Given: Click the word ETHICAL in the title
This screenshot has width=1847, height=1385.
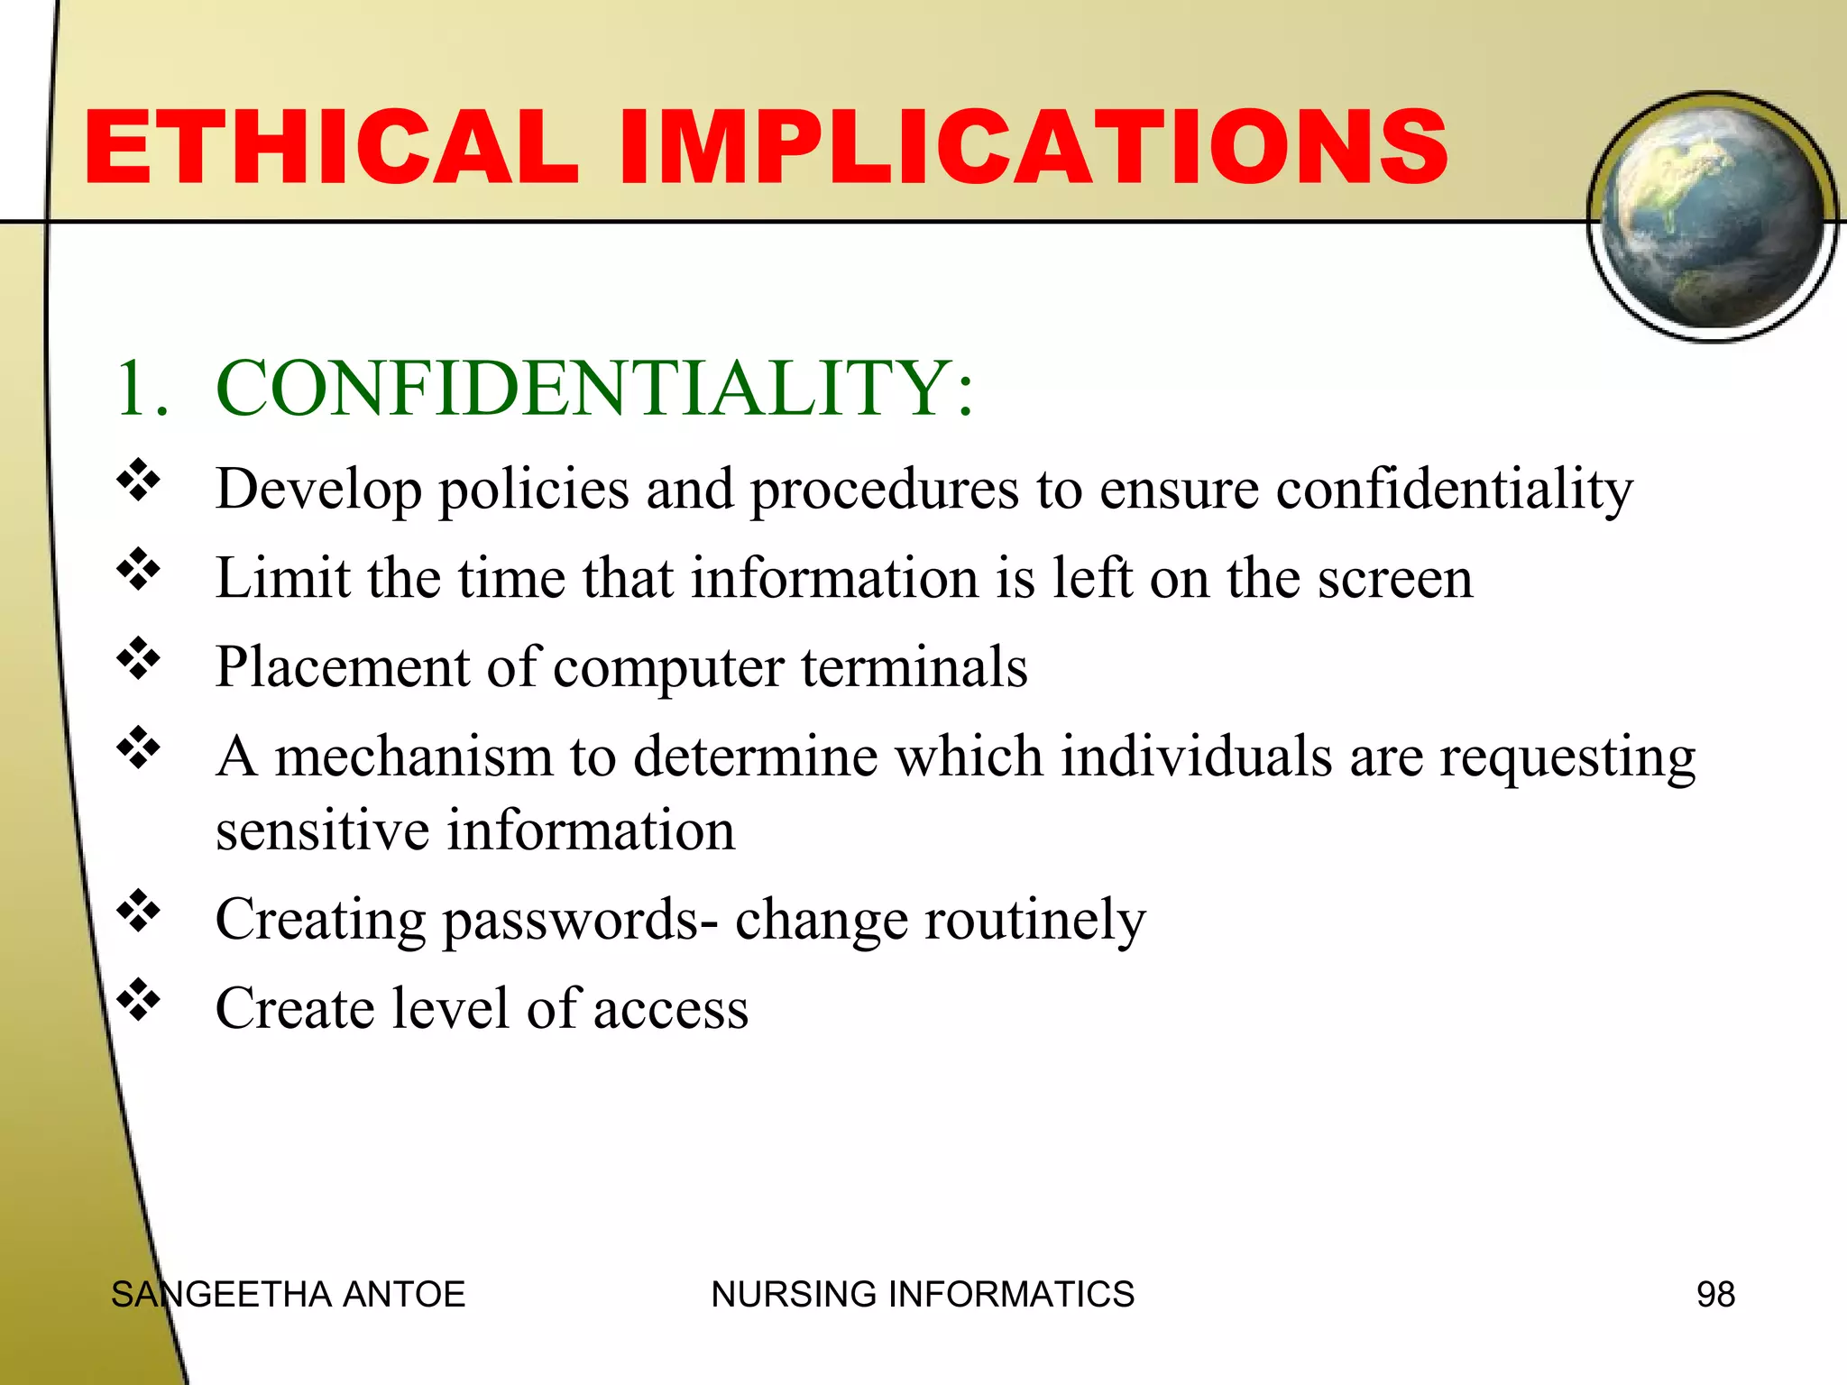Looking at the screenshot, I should pos(331,147).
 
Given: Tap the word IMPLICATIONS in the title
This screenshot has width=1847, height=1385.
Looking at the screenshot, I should pos(1033,147).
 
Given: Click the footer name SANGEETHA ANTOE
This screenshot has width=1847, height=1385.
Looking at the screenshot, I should pos(288,1295).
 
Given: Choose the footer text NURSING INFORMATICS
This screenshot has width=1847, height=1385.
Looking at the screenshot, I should pos(922,1295).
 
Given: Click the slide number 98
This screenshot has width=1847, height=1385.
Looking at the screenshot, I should pos(1714,1295).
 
